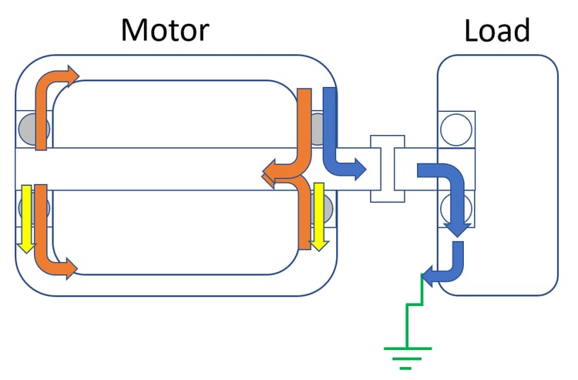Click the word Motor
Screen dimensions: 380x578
click(165, 29)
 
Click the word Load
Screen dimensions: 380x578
click(497, 29)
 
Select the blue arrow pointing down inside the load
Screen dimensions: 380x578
click(455, 200)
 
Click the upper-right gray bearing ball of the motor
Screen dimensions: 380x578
click(319, 123)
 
